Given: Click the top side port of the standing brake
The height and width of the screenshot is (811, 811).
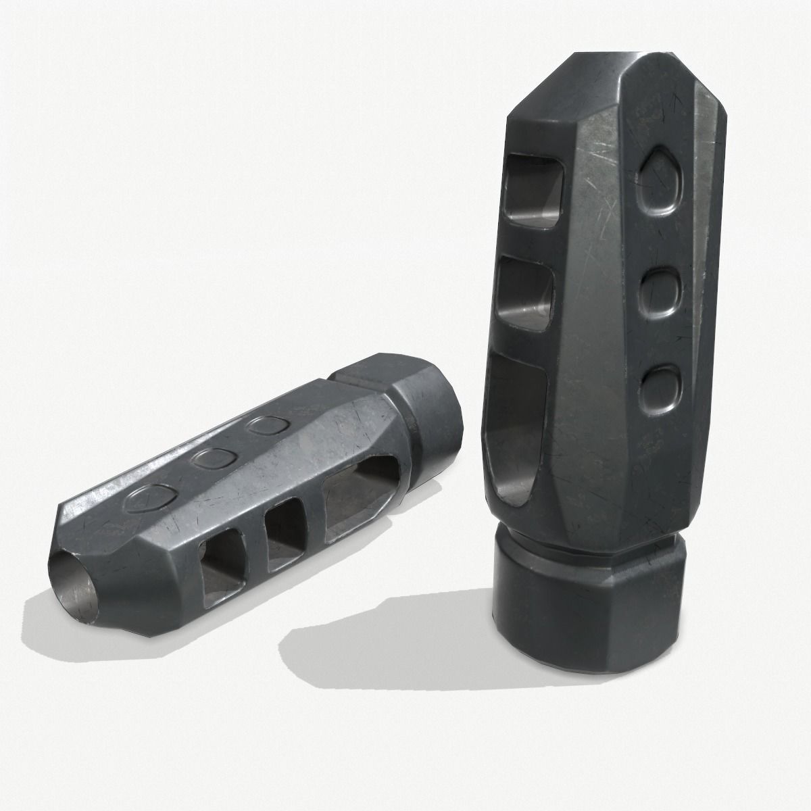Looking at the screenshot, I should pyautogui.click(x=532, y=186).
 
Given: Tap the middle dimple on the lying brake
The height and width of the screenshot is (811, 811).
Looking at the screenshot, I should pyautogui.click(x=211, y=458).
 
